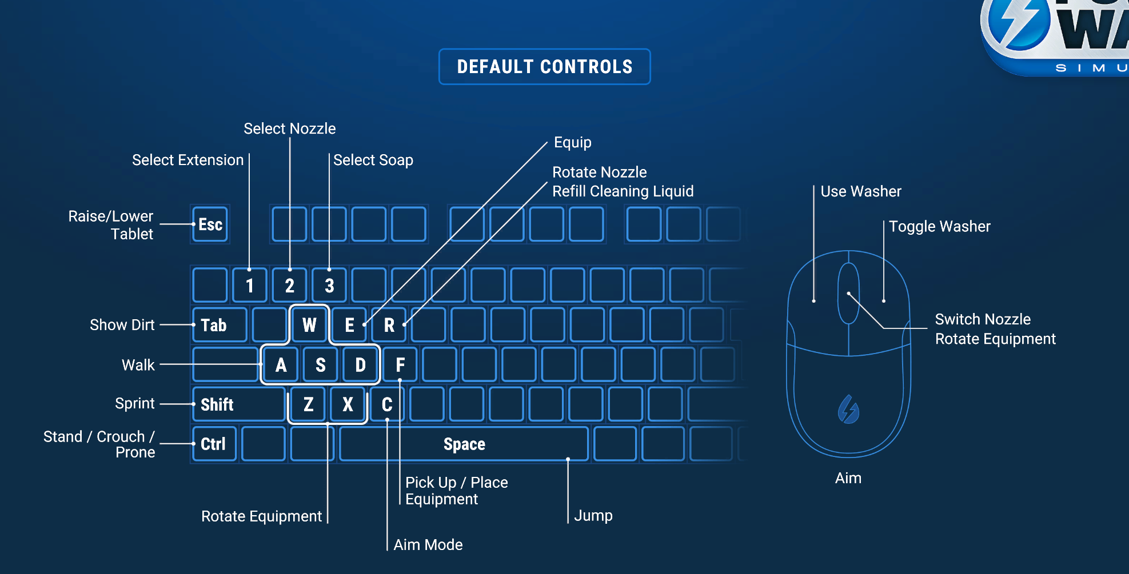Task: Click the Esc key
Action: pyautogui.click(x=210, y=224)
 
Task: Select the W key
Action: pyautogui.click(x=309, y=325)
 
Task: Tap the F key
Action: pyautogui.click(x=400, y=364)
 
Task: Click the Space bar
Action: pyautogui.click(x=464, y=444)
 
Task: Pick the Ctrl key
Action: pyautogui.click(x=214, y=444)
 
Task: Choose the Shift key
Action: pyautogui.click(x=238, y=404)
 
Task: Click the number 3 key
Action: pyautogui.click(x=329, y=285)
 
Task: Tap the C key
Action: pyautogui.click(x=387, y=404)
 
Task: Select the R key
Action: pyautogui.click(x=389, y=325)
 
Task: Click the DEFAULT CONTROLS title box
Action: pyautogui.click(x=544, y=67)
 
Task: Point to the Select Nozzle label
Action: pyautogui.click(x=289, y=129)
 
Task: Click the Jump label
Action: pyautogui.click(x=593, y=515)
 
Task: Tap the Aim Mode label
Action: pyautogui.click(x=428, y=545)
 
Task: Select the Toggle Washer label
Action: pyautogui.click(x=939, y=226)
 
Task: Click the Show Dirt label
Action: pyautogui.click(x=122, y=325)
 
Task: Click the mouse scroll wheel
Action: pyautogui.click(x=848, y=293)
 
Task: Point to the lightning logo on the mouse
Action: pyautogui.click(x=848, y=410)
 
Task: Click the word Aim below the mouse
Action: pyautogui.click(x=848, y=478)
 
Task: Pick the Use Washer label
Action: pyautogui.click(x=860, y=191)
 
